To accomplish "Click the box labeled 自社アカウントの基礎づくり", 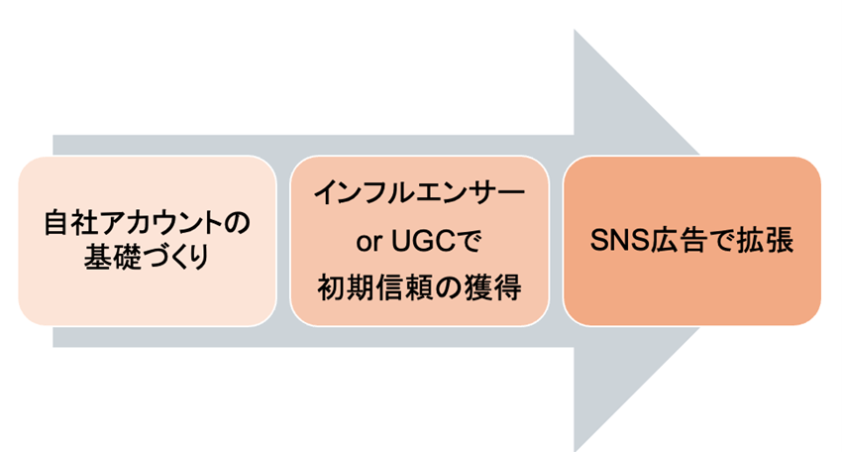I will (148, 241).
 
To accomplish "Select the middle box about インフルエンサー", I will (419, 241).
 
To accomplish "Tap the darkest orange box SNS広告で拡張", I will (691, 241).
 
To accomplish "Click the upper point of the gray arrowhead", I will (577, 32).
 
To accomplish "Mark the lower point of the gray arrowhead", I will (577, 448).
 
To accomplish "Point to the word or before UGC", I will (368, 241).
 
